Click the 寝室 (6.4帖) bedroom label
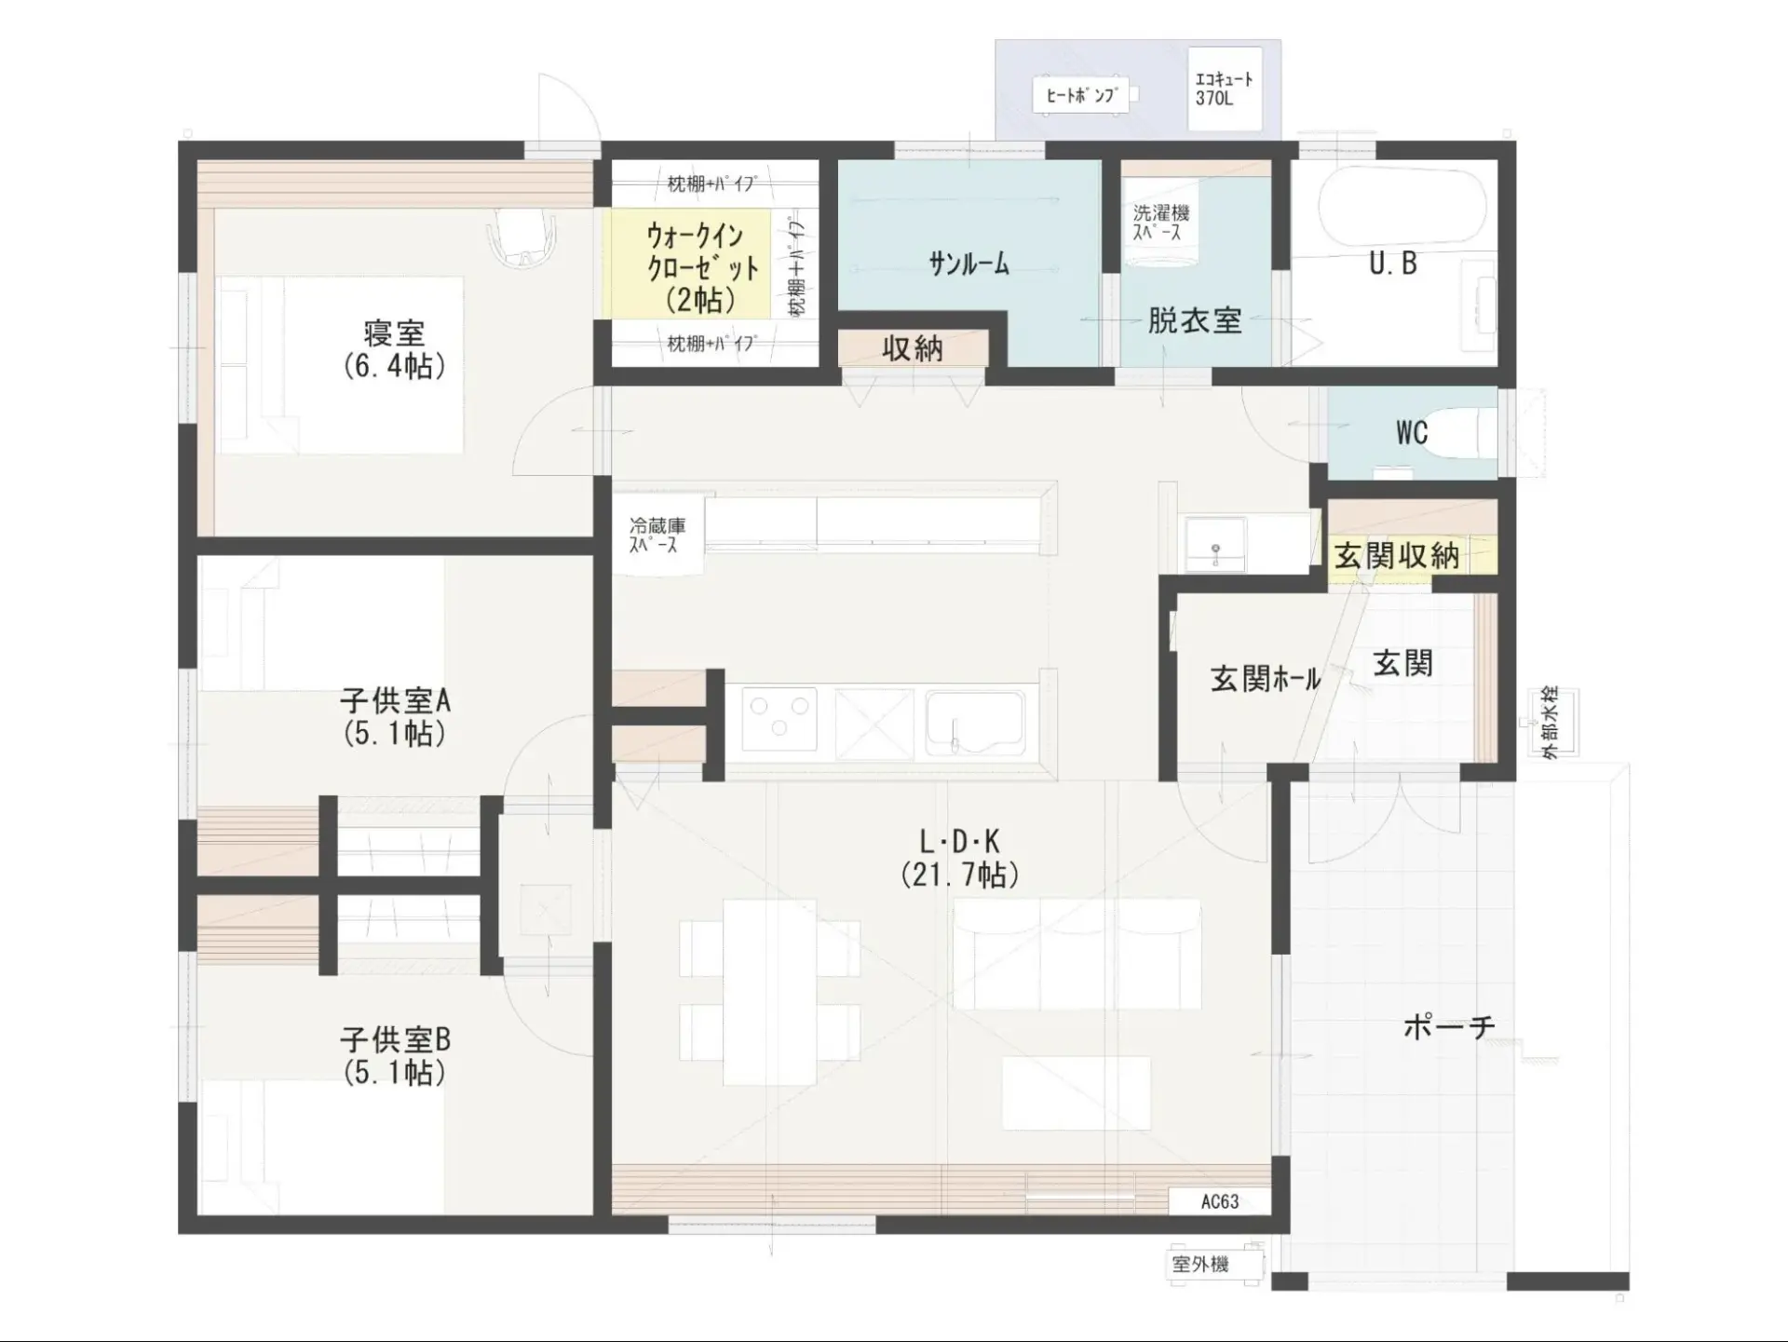(395, 349)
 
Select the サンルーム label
(968, 264)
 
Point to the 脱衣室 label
(1195, 321)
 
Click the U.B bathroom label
(1393, 264)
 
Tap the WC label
(1412, 432)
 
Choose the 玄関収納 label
(1397, 556)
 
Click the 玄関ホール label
(1266, 678)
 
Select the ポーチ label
(1449, 1026)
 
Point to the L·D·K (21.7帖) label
(960, 858)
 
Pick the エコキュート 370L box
(1225, 89)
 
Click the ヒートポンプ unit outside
(1082, 95)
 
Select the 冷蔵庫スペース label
(657, 535)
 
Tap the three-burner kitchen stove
(779, 720)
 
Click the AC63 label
(1220, 1201)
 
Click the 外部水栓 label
(1550, 722)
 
